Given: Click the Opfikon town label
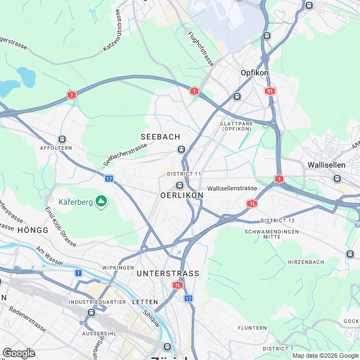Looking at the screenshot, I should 254,73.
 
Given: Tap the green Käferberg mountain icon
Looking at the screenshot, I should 101,201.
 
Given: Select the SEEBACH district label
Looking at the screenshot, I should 160,137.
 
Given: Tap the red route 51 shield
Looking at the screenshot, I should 271,91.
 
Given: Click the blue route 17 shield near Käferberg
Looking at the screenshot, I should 109,178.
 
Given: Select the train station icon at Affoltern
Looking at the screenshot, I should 62,139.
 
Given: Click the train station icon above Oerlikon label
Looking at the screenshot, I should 179,185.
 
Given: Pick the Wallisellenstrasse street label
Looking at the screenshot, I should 232,188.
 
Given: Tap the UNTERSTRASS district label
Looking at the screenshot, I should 168,273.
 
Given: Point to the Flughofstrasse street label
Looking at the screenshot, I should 201,48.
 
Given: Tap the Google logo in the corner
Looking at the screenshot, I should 19,353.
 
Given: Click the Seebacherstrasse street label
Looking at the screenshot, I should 125,154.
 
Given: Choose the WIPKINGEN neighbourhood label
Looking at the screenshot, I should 117,267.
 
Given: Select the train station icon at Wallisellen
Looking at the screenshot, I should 337,178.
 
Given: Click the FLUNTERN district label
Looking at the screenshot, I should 252,327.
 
